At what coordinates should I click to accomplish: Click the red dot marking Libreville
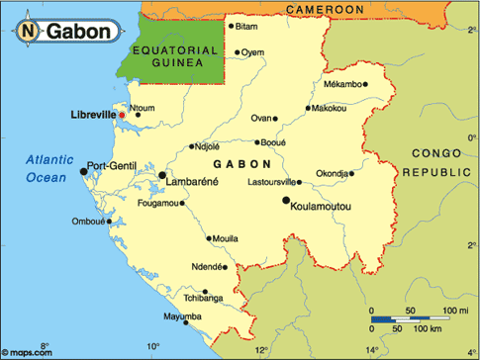[x=123, y=116]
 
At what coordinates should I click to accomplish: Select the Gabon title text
[x=78, y=32]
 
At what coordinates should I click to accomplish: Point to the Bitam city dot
[x=231, y=27]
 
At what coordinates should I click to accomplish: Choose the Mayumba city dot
[x=159, y=316]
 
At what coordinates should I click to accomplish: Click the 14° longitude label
[x=372, y=349]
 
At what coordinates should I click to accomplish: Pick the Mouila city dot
[x=209, y=238]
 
